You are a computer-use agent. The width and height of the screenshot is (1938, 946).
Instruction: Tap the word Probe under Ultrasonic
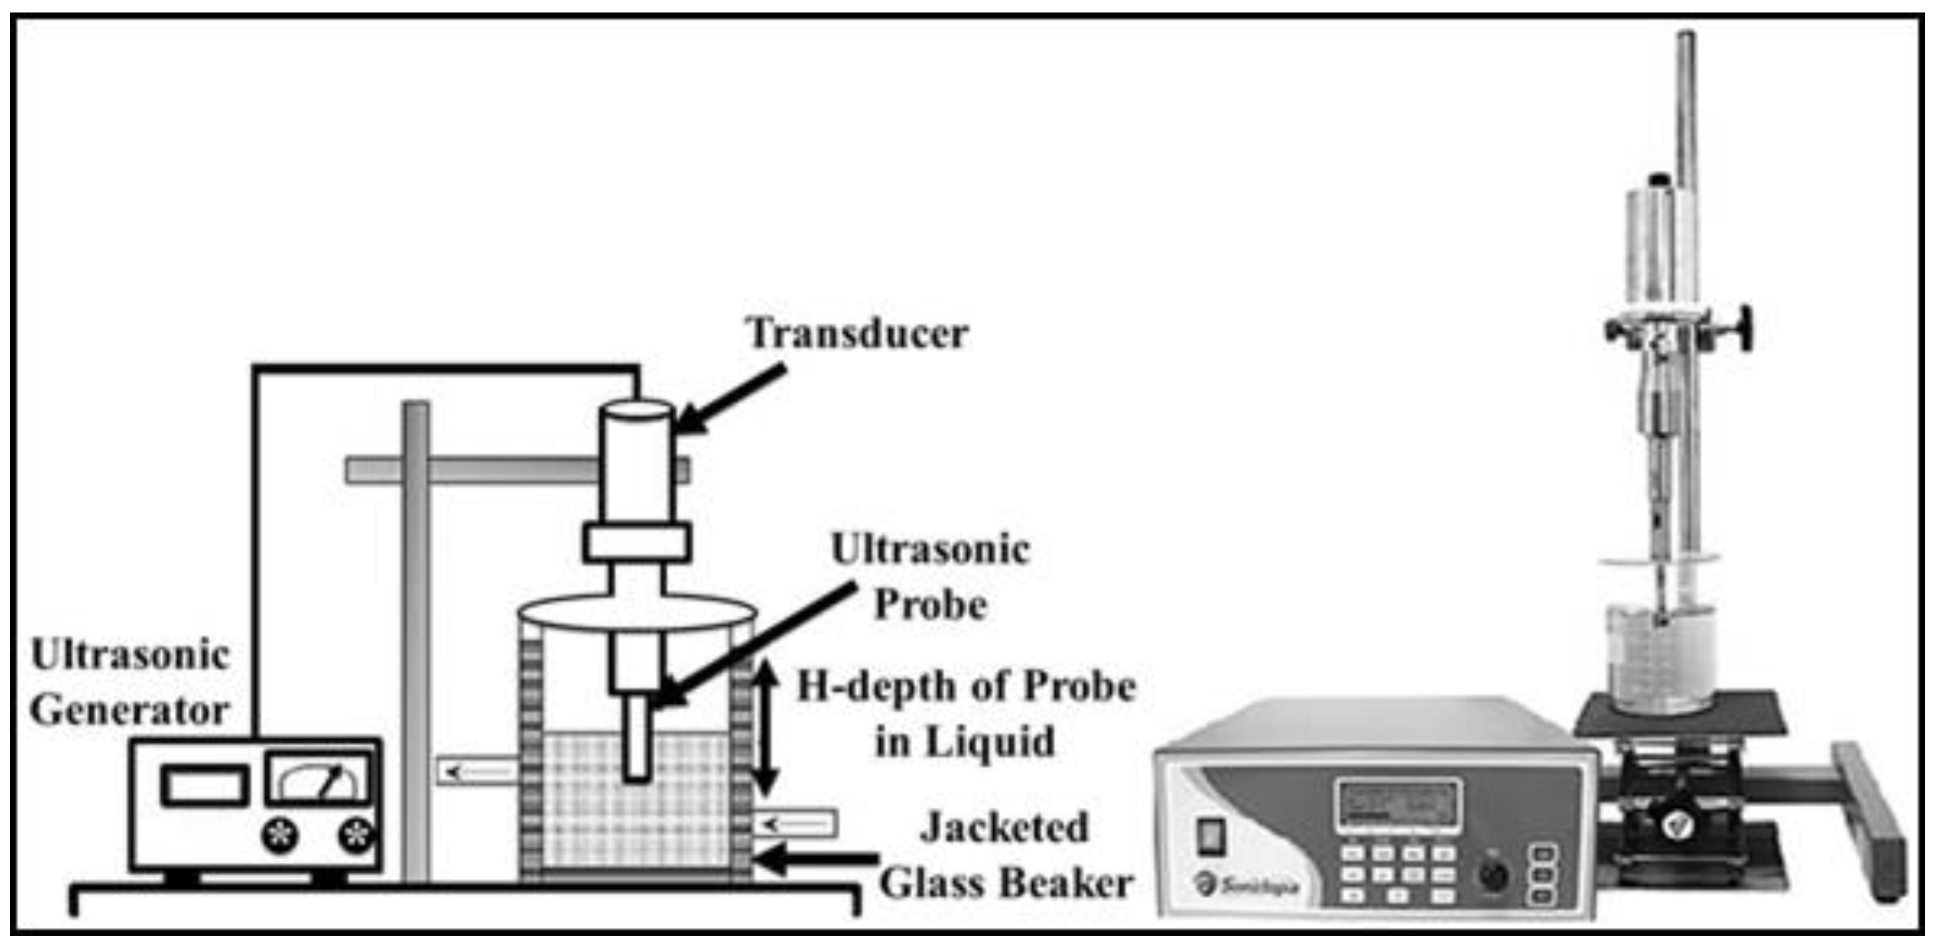click(x=930, y=605)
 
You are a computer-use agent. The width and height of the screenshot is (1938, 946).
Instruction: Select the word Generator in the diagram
click(x=130, y=711)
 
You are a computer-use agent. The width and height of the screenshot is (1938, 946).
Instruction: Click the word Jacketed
click(x=1004, y=828)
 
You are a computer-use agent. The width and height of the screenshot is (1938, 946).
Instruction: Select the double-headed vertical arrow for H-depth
click(x=766, y=727)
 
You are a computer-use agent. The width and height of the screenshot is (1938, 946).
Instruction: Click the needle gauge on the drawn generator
click(x=320, y=779)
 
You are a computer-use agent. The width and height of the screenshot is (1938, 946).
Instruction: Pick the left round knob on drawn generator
click(x=280, y=835)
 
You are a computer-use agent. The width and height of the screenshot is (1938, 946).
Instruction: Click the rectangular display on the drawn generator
click(x=204, y=785)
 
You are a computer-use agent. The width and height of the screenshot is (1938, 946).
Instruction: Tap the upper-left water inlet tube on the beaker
click(x=477, y=772)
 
